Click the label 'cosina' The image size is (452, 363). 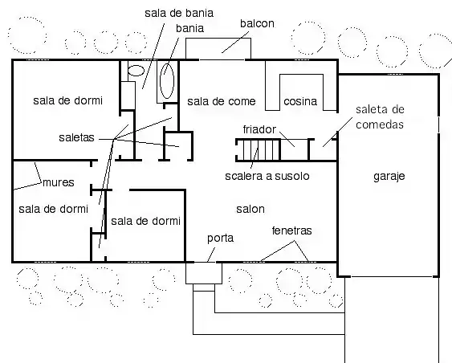coord(300,101)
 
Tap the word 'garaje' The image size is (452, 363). coord(389,176)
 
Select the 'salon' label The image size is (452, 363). coord(250,209)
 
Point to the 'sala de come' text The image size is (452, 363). coord(222,101)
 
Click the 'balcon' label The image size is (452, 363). coord(257,23)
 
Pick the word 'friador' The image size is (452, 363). coord(259,129)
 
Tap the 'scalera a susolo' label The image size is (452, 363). coord(267,176)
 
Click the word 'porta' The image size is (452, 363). coord(220,239)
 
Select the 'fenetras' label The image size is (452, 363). coord(291,230)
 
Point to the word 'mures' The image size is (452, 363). coord(59,182)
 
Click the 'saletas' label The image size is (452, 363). coord(76,137)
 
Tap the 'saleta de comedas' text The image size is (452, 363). coord(380,116)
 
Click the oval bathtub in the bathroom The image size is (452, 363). coord(167,81)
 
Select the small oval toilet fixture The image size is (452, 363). coord(136,71)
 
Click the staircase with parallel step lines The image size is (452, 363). coord(258,149)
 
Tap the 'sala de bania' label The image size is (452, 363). coord(179,13)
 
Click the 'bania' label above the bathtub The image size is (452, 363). coord(190,28)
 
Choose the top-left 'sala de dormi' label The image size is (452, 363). coord(67,100)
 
